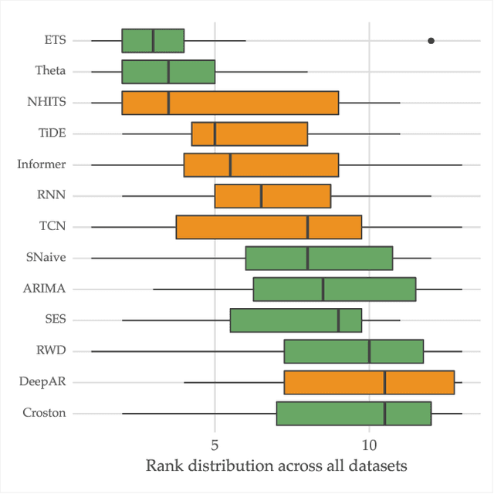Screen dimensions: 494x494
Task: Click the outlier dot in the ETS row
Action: tap(431, 40)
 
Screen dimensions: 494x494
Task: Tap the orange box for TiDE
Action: tap(249, 134)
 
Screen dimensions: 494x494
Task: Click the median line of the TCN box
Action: tap(308, 227)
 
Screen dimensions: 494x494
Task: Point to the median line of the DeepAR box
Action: tap(384, 382)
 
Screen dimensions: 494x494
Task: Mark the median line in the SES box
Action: tap(338, 320)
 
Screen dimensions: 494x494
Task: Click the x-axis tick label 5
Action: tap(215, 446)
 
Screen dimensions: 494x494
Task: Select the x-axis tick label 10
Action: tap(369, 446)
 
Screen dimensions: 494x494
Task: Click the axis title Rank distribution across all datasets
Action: tap(276, 466)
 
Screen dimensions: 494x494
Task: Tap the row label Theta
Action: tap(50, 71)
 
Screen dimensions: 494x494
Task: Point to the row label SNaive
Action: tap(45, 258)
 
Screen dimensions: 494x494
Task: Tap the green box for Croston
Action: tap(354, 413)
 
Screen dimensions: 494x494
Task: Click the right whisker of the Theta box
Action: tap(261, 71)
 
